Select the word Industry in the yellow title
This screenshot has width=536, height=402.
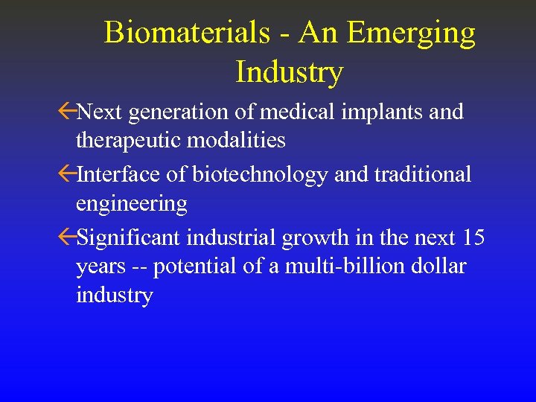pyautogui.click(x=289, y=72)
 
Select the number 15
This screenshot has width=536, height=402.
pyautogui.click(x=473, y=238)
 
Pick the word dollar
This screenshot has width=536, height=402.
pyautogui.click(x=438, y=267)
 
